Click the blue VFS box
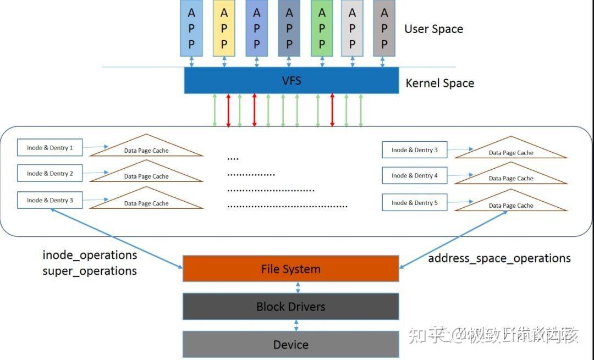[x=291, y=81]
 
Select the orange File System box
[x=290, y=269]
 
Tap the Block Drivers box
[x=290, y=307]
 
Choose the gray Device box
[x=290, y=345]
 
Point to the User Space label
[x=433, y=29]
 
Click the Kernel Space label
[x=439, y=84]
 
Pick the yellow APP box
[x=224, y=28]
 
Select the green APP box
[x=322, y=28]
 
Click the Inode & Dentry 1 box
[x=50, y=147]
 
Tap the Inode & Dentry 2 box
[x=50, y=173]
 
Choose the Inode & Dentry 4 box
[x=414, y=175]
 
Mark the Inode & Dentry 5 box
[x=414, y=202]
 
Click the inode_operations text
[x=90, y=255]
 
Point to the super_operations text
[x=90, y=271]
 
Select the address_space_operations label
[x=499, y=258]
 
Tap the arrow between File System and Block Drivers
[x=298, y=287]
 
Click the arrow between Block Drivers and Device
[x=296, y=325]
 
